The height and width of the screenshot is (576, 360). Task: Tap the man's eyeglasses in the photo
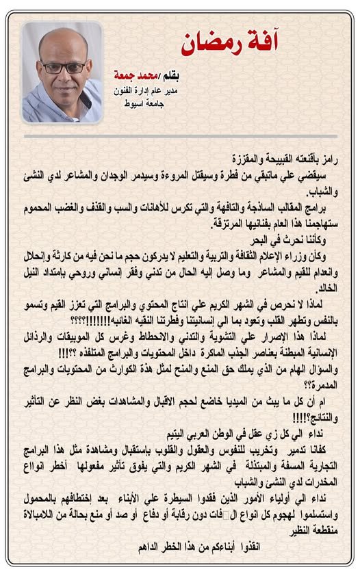(x=64, y=67)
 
